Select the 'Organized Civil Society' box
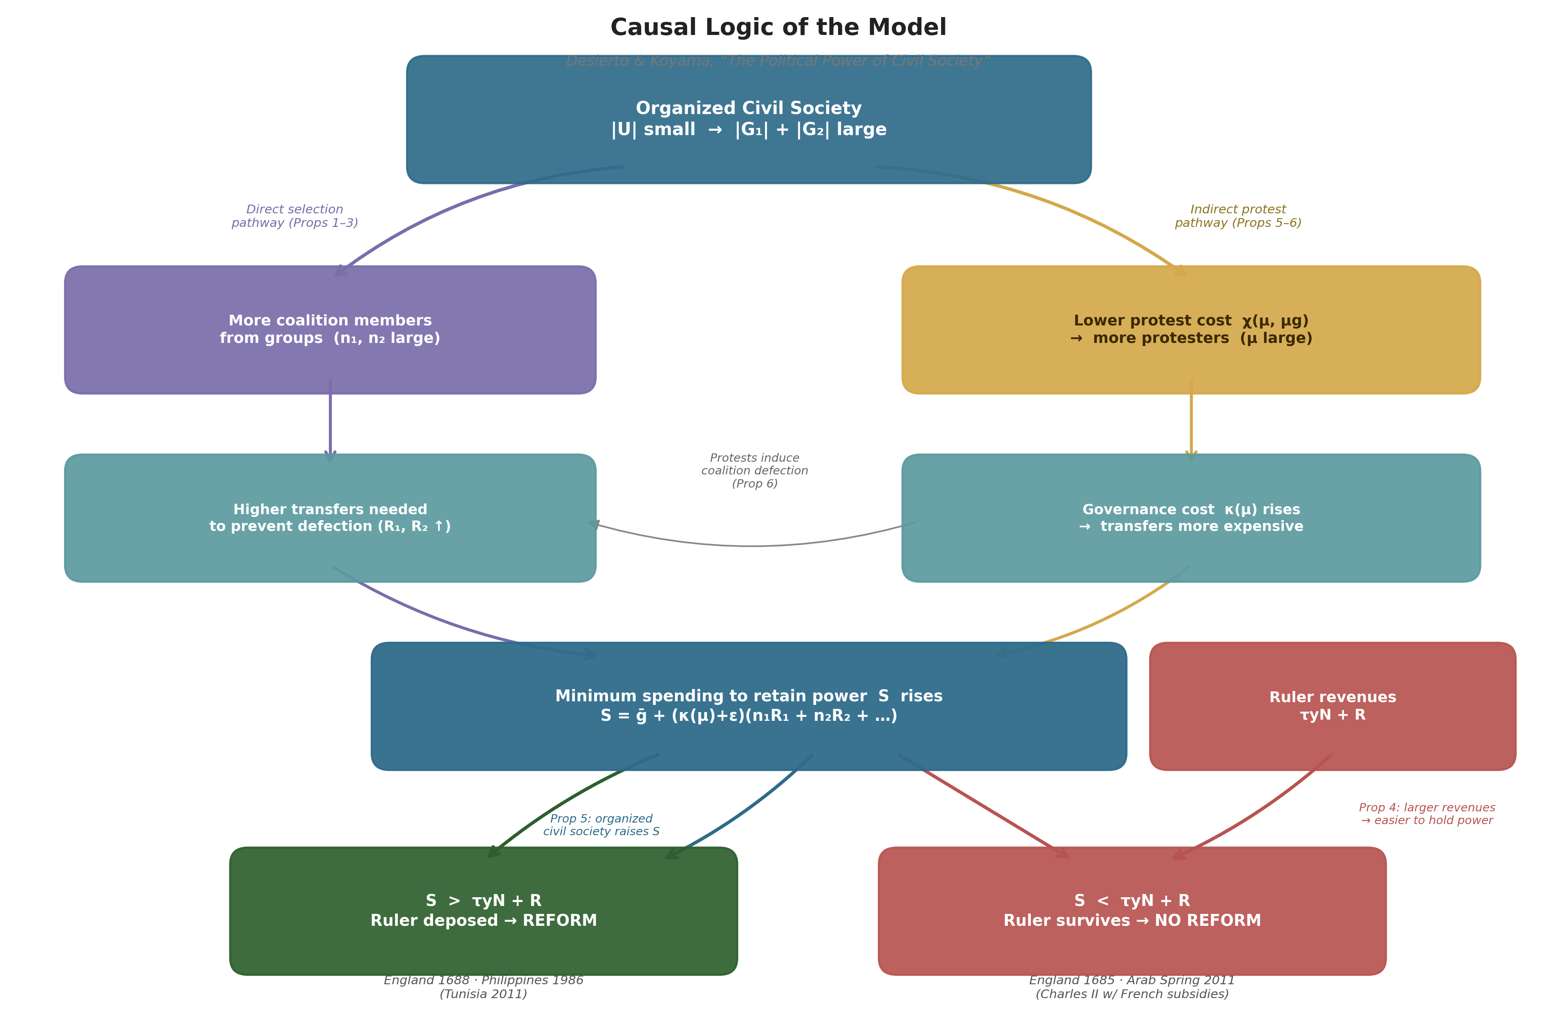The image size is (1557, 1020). click(x=748, y=119)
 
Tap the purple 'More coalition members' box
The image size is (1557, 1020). click(x=330, y=330)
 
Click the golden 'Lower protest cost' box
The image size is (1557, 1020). click(x=1191, y=330)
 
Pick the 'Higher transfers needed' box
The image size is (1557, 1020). click(x=330, y=518)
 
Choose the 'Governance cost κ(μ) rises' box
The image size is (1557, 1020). click(x=1191, y=518)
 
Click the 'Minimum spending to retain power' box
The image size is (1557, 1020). click(x=748, y=706)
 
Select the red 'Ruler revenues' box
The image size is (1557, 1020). click(x=1332, y=706)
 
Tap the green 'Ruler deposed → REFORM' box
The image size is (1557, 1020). click(x=484, y=911)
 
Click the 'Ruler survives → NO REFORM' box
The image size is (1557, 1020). click(x=1132, y=911)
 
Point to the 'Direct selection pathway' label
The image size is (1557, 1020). click(x=294, y=216)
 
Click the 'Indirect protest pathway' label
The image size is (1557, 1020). click(x=1238, y=216)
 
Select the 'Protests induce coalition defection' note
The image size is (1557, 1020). click(x=754, y=471)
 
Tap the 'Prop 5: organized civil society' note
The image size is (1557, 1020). click(x=601, y=825)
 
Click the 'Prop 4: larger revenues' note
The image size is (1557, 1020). click(x=1427, y=814)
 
